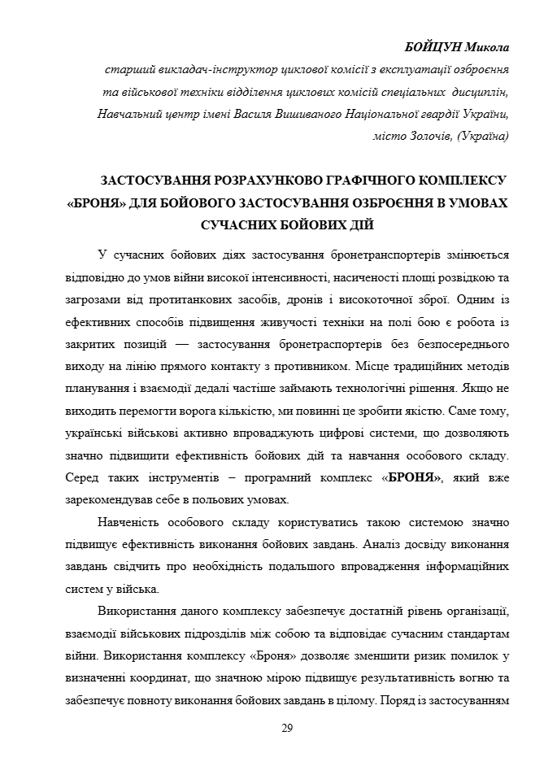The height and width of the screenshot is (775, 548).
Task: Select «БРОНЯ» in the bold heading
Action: click(x=96, y=202)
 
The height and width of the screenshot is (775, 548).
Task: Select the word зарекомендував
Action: click(x=105, y=499)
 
